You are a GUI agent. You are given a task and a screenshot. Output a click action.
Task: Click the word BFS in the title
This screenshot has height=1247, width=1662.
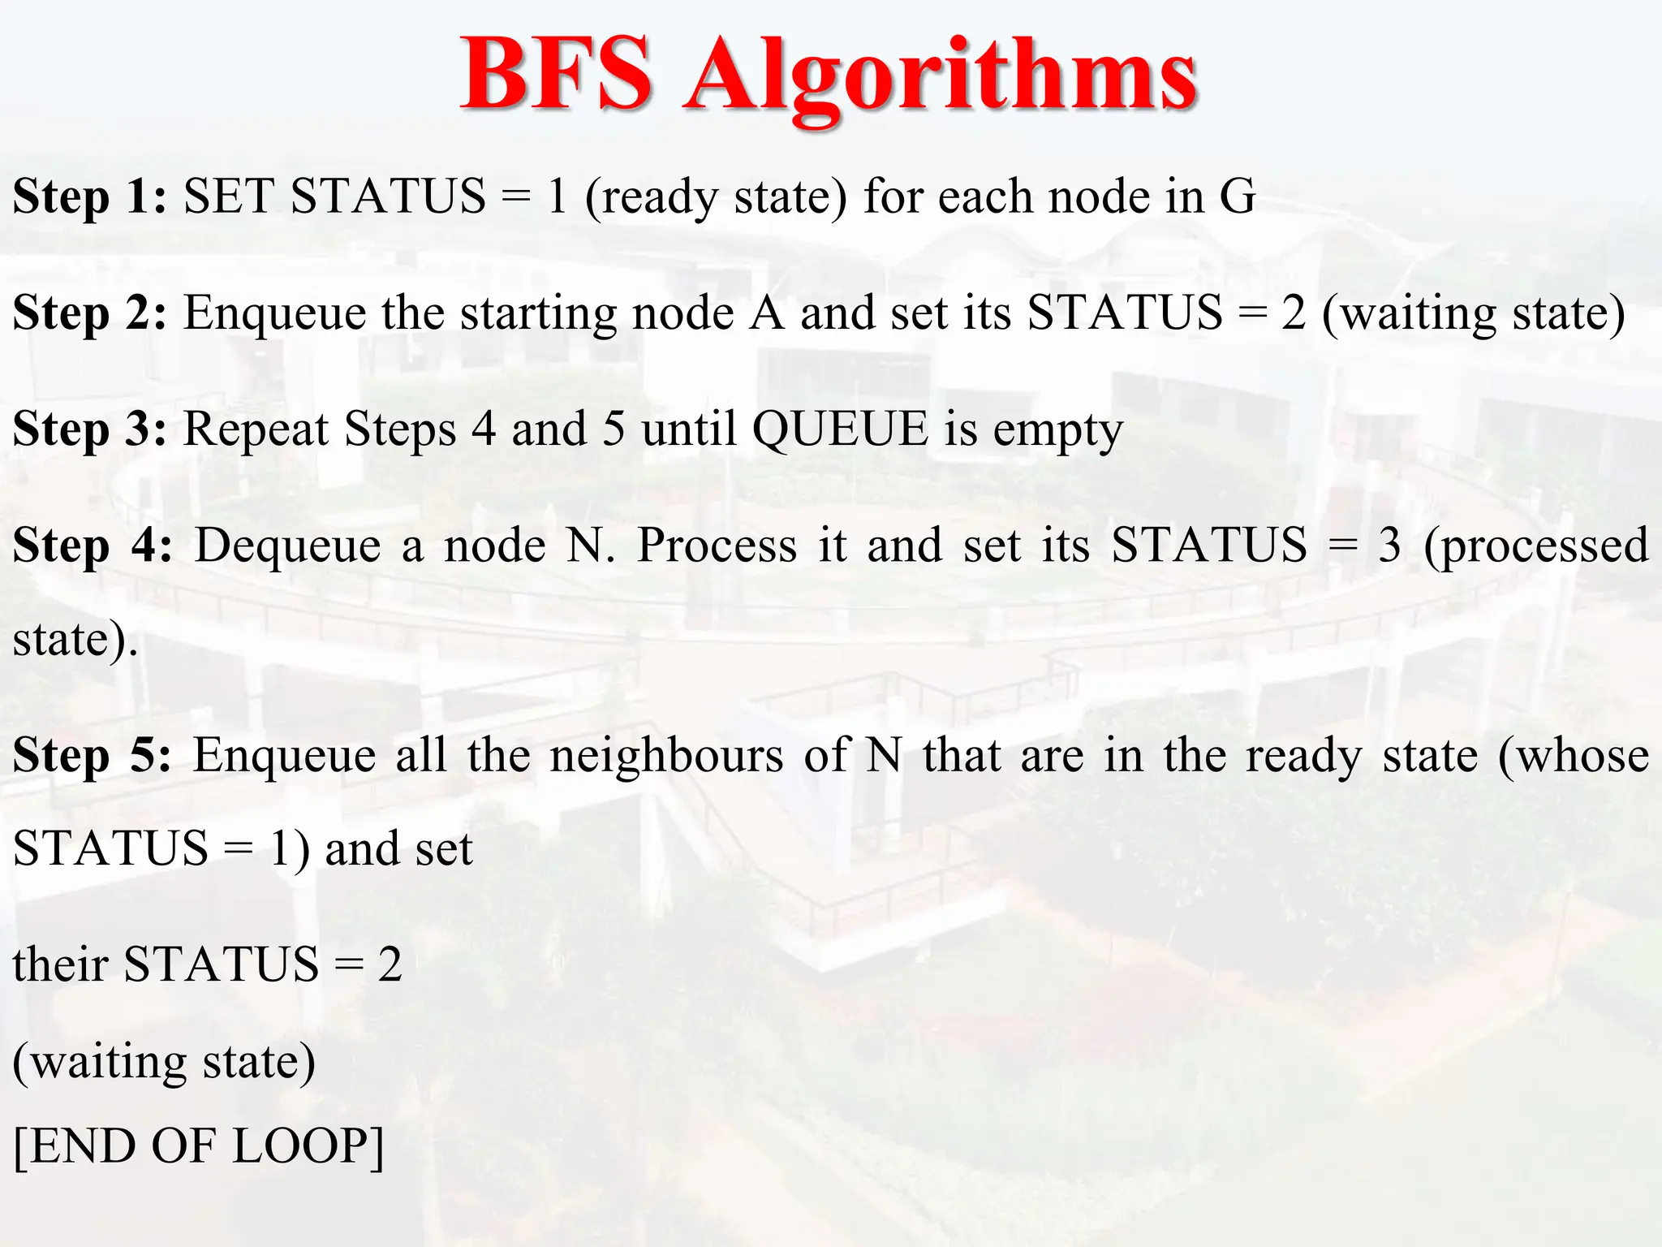[x=557, y=75]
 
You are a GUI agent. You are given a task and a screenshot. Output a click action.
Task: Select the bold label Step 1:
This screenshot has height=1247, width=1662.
[x=90, y=197]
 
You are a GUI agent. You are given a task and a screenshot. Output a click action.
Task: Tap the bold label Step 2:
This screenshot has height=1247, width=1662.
[x=90, y=313]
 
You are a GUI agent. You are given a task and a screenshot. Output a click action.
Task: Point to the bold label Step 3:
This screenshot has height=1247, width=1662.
[x=90, y=429]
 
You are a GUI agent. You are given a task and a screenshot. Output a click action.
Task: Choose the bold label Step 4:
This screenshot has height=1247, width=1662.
[x=93, y=546]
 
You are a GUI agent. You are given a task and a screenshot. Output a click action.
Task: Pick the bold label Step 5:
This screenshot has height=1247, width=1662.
[x=93, y=756]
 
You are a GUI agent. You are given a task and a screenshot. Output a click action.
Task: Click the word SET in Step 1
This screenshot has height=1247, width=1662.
[x=229, y=197]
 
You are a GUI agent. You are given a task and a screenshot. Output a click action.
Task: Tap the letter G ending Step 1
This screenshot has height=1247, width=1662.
[x=1237, y=197]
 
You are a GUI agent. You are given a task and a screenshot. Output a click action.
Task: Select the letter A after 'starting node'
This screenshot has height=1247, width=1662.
[x=767, y=313]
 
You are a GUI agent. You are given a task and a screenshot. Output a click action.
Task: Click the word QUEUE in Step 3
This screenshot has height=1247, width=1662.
[x=840, y=429]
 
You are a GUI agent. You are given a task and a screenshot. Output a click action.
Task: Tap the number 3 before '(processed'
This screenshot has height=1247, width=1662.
[x=1389, y=546]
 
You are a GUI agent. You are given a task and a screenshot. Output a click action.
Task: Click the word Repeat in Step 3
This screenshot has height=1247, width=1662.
[x=256, y=431]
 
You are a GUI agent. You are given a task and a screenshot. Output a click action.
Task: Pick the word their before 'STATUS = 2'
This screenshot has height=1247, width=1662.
[x=60, y=964]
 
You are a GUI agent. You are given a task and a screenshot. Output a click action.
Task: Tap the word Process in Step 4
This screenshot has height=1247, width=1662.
[x=717, y=546]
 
